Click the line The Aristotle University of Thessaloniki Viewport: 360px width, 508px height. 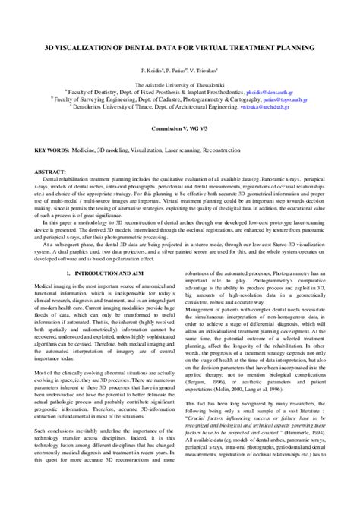[x=180, y=86]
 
